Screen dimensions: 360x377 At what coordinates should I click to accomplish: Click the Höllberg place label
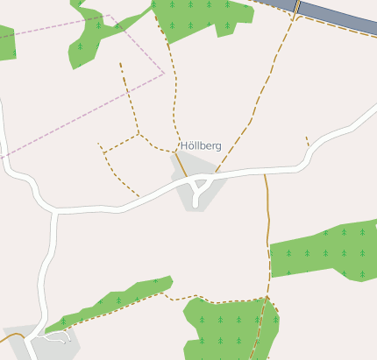201,145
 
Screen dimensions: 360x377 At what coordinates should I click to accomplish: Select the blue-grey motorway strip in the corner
343,17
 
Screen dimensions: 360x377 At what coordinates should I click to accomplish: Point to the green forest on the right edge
324,250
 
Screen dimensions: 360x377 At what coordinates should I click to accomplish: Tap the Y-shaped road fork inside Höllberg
200,186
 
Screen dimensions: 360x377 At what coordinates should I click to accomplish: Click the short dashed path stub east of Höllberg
307,141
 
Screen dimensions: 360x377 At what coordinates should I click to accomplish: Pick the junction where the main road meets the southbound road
57,211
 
